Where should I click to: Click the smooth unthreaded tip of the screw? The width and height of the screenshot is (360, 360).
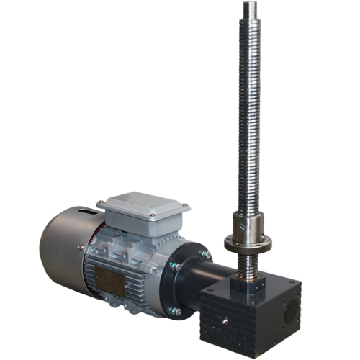pos(249,10)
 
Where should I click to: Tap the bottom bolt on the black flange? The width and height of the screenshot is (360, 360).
pos(175,311)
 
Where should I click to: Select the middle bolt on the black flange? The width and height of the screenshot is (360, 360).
pos(175,266)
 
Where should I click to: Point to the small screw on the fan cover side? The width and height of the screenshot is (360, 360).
pos(81,247)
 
